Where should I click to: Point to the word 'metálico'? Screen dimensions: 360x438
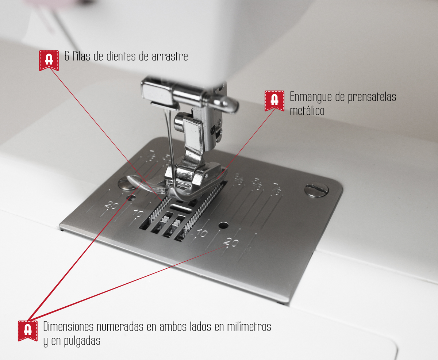point(307,110)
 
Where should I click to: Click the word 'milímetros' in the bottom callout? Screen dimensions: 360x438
point(248,326)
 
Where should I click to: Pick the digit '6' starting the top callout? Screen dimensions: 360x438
point(66,57)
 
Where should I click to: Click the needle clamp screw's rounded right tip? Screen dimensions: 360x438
point(234,107)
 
